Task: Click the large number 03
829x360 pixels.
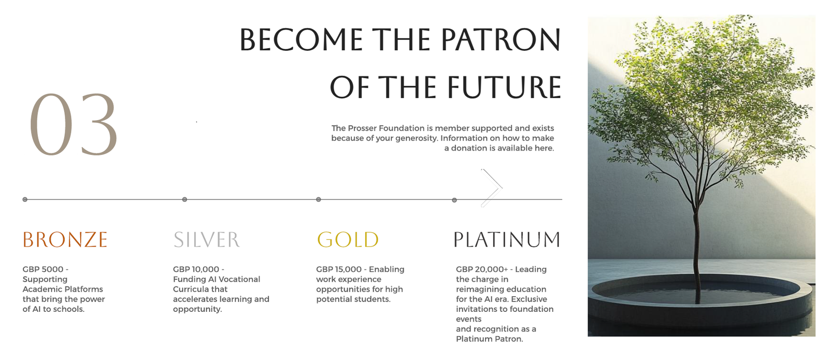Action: pyautogui.click(x=74, y=125)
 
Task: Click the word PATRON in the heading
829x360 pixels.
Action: pyautogui.click(x=501, y=39)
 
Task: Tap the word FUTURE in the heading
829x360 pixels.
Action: pyautogui.click(x=504, y=88)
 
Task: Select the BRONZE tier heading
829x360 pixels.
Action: pyautogui.click(x=65, y=239)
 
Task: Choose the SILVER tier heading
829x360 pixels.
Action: pyautogui.click(x=207, y=239)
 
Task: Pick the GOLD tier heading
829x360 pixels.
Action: pyautogui.click(x=348, y=239)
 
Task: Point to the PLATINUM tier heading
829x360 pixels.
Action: pyautogui.click(x=507, y=239)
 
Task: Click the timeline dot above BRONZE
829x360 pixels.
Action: pyautogui.click(x=25, y=199)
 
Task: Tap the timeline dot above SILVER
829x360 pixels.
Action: pyautogui.click(x=184, y=199)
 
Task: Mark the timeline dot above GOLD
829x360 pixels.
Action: pyautogui.click(x=318, y=199)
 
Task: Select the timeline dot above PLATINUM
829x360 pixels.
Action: pyautogui.click(x=454, y=200)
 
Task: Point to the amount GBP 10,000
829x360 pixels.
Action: pyautogui.click(x=196, y=269)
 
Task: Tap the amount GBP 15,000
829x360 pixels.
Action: pyautogui.click(x=339, y=269)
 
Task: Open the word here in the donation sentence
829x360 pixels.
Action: pyautogui.click(x=544, y=148)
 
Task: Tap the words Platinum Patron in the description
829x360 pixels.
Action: pyautogui.click(x=489, y=339)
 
